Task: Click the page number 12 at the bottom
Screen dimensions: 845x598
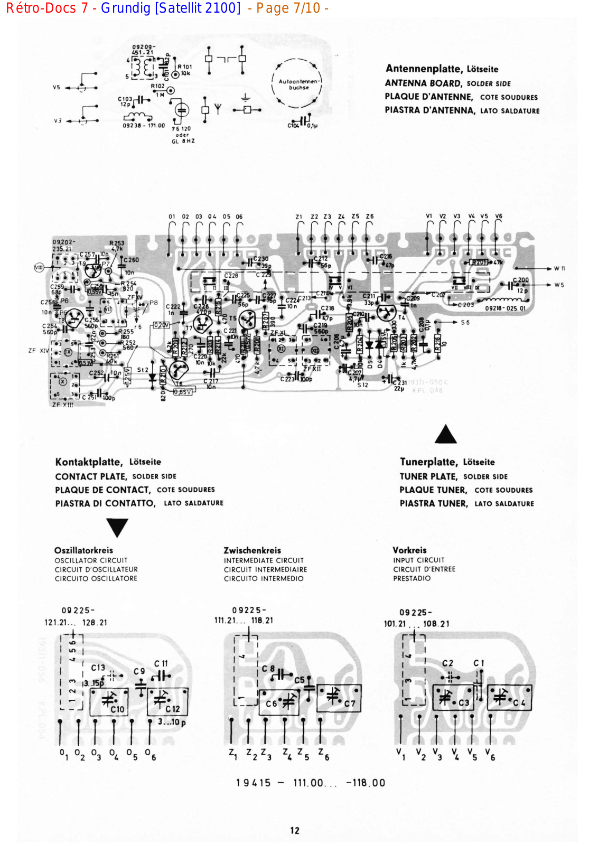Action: [x=295, y=830]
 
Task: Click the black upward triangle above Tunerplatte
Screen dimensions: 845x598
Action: [x=445, y=434]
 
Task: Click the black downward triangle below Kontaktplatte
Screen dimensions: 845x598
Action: [x=117, y=527]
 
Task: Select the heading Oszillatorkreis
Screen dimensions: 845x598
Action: [x=83, y=550]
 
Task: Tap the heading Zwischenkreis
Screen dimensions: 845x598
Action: [x=252, y=550]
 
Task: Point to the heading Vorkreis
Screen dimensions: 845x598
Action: [x=409, y=550]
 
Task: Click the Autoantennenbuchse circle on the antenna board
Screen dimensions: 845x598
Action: [x=298, y=83]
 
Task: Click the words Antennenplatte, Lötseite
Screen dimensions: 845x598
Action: [x=442, y=69]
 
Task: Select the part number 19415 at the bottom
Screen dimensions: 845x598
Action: [x=253, y=783]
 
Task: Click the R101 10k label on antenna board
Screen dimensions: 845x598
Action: [x=184, y=70]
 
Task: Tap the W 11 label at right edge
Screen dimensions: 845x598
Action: [x=559, y=269]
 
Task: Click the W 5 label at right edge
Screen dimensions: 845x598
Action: [x=559, y=285]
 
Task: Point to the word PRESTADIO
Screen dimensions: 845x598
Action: [x=412, y=578]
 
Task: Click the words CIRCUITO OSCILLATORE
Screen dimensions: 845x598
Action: [x=96, y=578]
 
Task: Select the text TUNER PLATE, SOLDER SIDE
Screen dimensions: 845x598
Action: [x=453, y=476]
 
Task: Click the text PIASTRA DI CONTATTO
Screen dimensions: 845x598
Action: [x=105, y=503]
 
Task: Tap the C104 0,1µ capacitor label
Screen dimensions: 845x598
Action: [x=303, y=125]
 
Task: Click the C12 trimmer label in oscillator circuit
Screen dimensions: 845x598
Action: [x=172, y=709]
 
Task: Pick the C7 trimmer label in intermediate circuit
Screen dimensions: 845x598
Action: [x=350, y=703]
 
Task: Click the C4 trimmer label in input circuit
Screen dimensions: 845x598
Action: [x=519, y=702]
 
